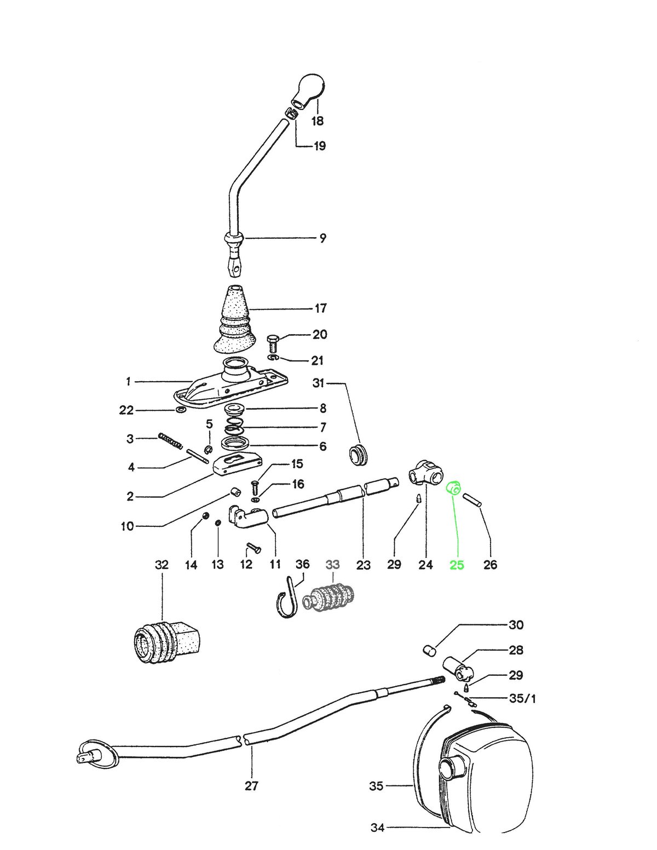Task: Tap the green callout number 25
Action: point(457,565)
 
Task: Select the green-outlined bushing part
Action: point(454,487)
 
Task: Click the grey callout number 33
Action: point(332,565)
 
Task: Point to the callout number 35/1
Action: point(522,698)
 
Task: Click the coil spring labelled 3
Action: point(170,440)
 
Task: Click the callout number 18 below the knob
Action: point(318,120)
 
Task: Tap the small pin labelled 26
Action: point(473,500)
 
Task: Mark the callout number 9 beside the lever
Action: point(322,238)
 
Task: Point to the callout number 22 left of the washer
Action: point(126,410)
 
